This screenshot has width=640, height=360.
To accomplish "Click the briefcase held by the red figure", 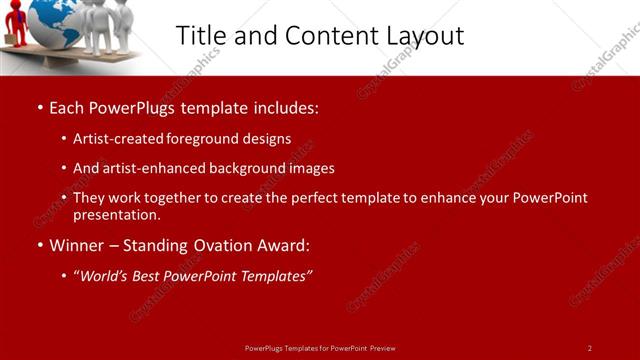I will coord(7,39).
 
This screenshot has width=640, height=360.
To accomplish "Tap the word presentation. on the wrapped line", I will coord(116,214).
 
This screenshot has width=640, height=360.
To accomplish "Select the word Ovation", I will coord(213,245).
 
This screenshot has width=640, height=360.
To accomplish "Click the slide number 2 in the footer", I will coord(589,348).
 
